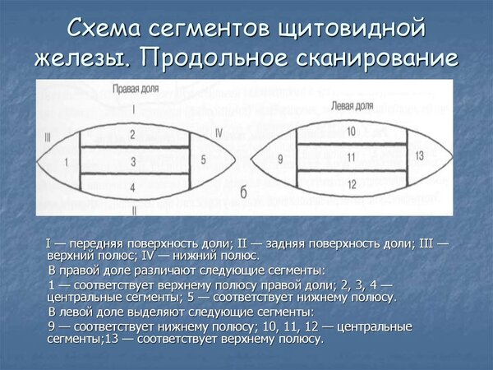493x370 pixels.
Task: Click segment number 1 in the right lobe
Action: click(66, 162)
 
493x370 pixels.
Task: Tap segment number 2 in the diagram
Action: click(133, 133)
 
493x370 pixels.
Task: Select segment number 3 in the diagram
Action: click(133, 162)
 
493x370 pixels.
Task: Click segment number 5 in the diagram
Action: click(204, 160)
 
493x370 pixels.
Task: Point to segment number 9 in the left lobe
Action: click(281, 158)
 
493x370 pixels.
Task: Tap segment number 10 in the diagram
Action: click(351, 131)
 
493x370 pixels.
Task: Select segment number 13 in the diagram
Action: click(420, 155)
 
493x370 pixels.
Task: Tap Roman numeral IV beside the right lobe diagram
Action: click(218, 132)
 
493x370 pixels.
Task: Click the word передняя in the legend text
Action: click(94, 244)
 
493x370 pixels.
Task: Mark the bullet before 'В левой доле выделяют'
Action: click(42, 312)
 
